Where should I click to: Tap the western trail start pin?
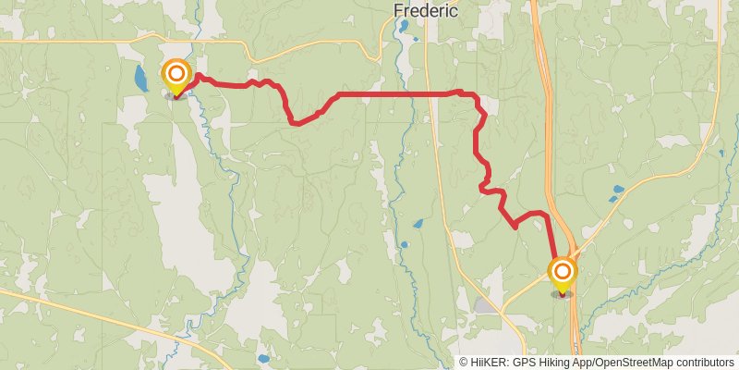click(x=176, y=75)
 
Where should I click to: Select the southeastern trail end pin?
click(x=562, y=273)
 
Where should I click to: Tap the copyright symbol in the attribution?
click(x=463, y=363)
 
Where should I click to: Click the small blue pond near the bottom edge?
click(x=263, y=358)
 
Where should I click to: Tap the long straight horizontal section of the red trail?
click(x=397, y=94)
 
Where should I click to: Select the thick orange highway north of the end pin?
click(x=543, y=139)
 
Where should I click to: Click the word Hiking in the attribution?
click(x=549, y=363)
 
